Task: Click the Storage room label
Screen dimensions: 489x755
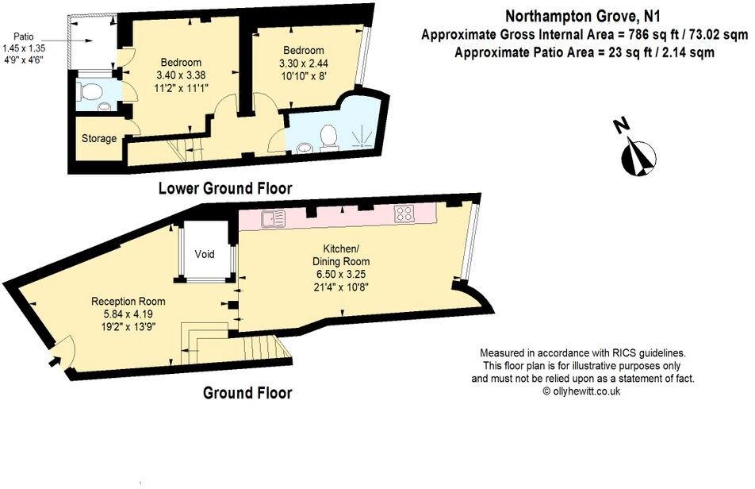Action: tap(99, 139)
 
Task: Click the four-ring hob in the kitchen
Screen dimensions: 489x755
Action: tap(404, 214)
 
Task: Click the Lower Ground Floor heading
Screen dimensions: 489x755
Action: tap(224, 189)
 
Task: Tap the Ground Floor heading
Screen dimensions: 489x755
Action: tap(247, 393)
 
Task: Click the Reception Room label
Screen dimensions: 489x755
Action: tap(128, 302)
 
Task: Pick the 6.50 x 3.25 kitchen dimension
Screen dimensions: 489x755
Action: tap(345, 275)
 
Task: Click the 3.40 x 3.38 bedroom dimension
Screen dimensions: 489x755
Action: tap(181, 76)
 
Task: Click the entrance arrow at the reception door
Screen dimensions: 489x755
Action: tap(53, 362)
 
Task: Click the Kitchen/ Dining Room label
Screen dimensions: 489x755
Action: tap(345, 255)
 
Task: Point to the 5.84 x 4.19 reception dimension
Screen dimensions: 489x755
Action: tap(128, 314)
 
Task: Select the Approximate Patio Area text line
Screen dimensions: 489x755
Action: tap(584, 53)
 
